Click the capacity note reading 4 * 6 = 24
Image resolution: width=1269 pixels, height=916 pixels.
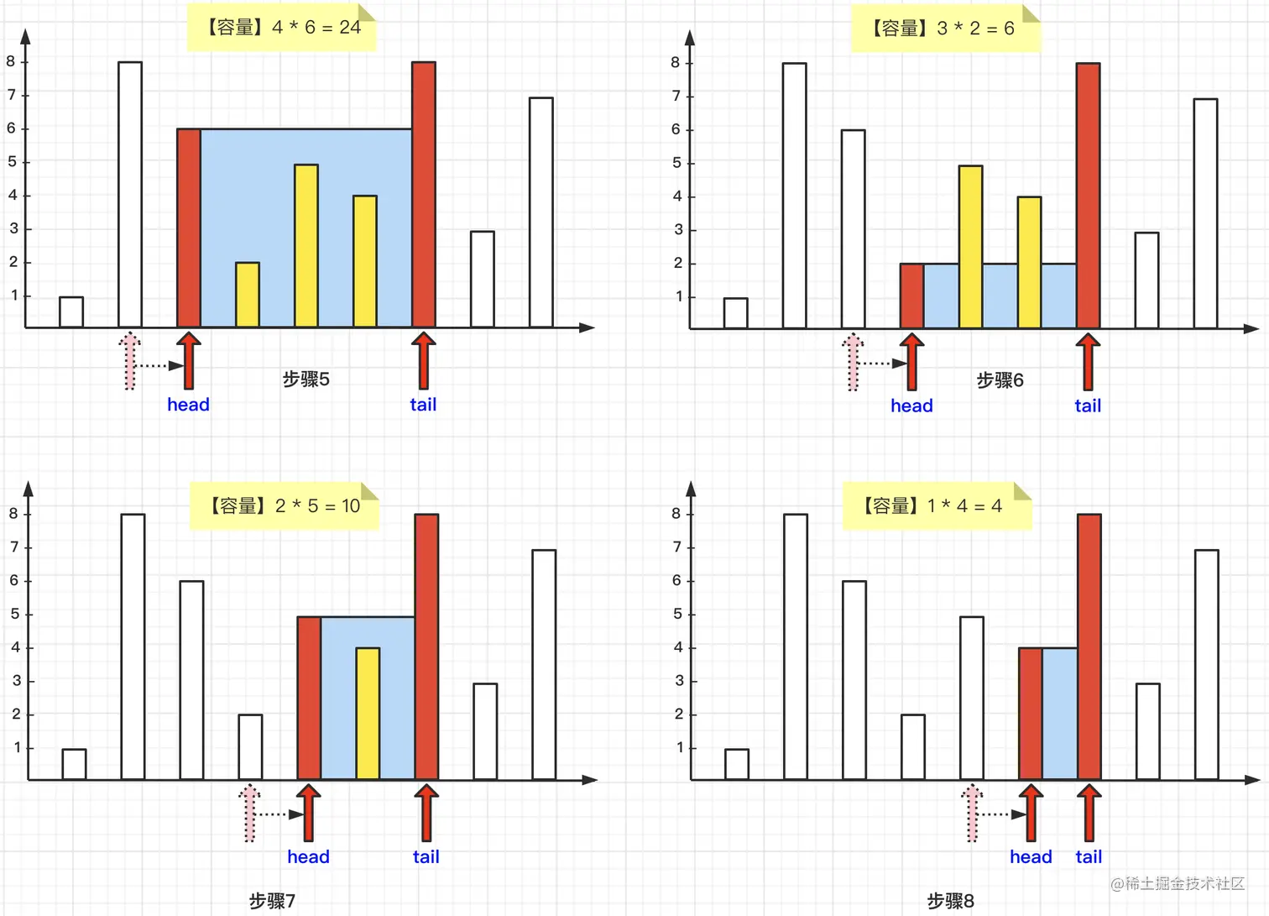282,28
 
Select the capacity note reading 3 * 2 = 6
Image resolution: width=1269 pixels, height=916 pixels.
945,29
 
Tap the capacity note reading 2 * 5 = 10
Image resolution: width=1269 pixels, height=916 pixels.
285,505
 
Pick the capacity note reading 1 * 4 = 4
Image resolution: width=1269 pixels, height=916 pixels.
936,505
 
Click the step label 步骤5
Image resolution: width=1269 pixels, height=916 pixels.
306,379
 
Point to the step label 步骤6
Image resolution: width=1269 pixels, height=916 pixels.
1000,380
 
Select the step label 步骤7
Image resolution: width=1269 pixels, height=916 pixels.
272,901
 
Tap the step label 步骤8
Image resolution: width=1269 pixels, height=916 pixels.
950,901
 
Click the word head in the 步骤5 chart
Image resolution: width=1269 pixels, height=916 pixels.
188,405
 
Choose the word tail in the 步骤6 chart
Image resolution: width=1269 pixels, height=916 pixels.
1088,406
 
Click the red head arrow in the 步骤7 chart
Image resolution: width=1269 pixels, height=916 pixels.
308,813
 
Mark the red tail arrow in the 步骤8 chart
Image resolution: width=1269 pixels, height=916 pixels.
1089,813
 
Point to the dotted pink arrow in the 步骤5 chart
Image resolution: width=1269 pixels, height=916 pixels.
129,361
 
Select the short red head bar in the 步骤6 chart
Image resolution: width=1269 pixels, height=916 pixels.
911,296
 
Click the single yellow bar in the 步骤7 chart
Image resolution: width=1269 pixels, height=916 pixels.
368,714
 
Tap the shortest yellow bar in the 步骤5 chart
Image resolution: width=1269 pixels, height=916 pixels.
248,295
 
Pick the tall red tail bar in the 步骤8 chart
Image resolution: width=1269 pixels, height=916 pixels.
1089,646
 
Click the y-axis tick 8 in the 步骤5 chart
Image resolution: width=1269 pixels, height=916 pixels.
11,61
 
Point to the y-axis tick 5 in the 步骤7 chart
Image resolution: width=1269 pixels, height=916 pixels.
15,614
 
